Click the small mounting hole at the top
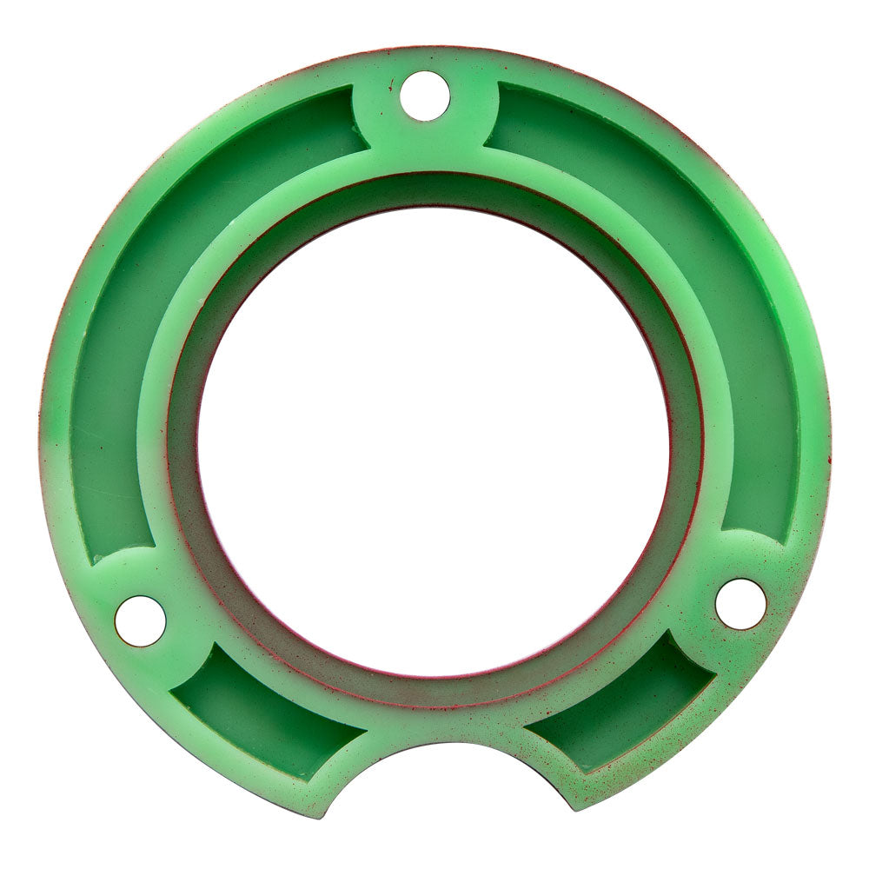tap(426, 96)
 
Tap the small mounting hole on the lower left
tap(140, 620)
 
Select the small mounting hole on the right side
tap(740, 604)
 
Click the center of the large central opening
tap(434, 442)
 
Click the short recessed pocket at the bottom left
tap(261, 704)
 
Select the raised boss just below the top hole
tap(426, 139)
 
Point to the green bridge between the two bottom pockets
tap(434, 726)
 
